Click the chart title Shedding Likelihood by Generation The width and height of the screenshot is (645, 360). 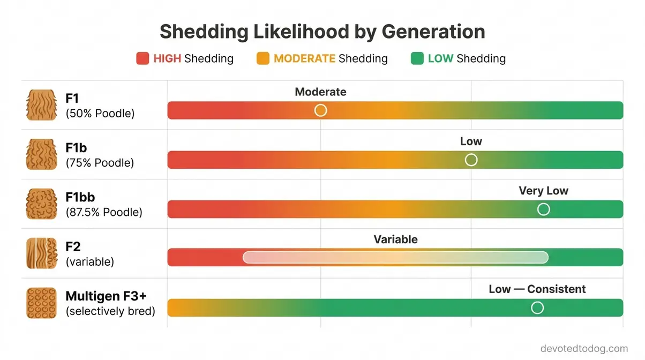pyautogui.click(x=322, y=32)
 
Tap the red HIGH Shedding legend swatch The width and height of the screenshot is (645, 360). pyautogui.click(x=142, y=58)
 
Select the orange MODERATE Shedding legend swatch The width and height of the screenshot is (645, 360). pyautogui.click(x=262, y=58)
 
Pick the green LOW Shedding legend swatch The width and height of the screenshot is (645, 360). pyautogui.click(x=417, y=58)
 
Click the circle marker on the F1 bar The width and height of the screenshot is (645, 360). pyautogui.click(x=320, y=110)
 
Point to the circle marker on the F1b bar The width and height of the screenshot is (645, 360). pyautogui.click(x=471, y=160)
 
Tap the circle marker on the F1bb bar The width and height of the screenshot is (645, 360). pyautogui.click(x=543, y=209)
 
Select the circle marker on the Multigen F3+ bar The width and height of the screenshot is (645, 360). pyautogui.click(x=537, y=307)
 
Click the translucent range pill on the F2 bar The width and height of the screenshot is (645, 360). pyautogui.click(x=395, y=258)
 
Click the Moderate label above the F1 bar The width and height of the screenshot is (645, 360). pyautogui.click(x=320, y=92)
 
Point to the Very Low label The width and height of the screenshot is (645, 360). pyautogui.click(x=543, y=191)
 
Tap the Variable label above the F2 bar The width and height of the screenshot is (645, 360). pyautogui.click(x=395, y=239)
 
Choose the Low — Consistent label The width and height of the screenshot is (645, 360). pyautogui.click(x=537, y=289)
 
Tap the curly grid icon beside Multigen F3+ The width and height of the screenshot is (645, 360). pyautogui.click(x=41, y=303)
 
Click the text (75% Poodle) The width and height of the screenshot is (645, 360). pyautogui.click(x=100, y=163)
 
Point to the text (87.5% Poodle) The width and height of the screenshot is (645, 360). pyautogui.click(x=104, y=212)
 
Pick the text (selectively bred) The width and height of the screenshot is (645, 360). pyautogui.click(x=110, y=311)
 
